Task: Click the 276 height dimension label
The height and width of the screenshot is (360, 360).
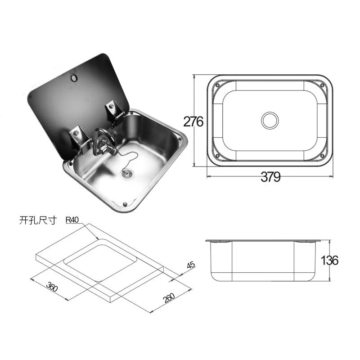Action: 193,121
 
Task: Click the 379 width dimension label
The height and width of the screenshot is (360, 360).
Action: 270,177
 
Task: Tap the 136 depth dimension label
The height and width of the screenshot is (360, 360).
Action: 330,260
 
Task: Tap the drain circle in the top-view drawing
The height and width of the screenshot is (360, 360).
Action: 270,120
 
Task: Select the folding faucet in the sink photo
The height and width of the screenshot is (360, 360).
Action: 103,142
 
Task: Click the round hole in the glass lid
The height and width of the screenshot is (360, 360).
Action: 73,79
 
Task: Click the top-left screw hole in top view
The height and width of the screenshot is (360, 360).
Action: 218,85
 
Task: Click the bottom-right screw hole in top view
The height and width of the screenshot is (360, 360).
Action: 322,156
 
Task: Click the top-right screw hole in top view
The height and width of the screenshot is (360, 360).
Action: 322,85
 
